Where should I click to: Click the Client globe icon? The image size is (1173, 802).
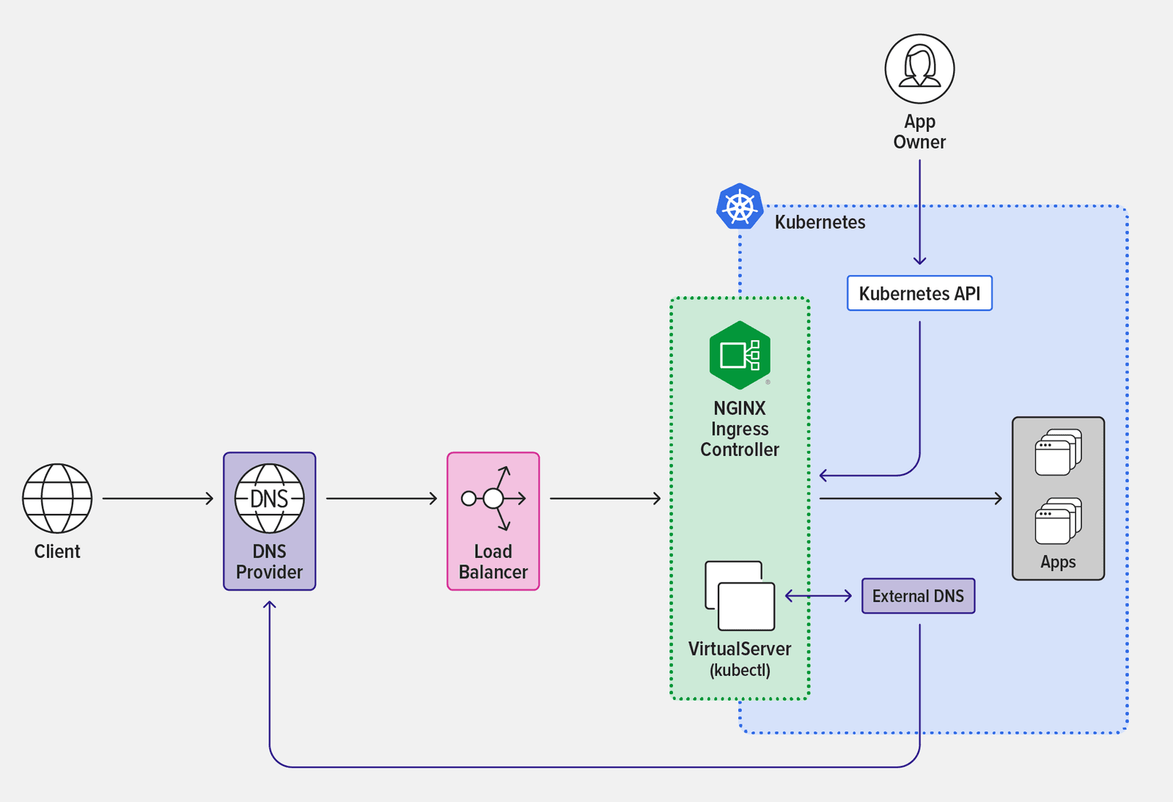tap(57, 499)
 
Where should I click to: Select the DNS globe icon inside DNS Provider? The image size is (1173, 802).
tap(269, 499)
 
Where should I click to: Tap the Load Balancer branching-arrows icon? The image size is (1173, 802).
tap(493, 499)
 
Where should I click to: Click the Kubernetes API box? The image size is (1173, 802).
tap(919, 293)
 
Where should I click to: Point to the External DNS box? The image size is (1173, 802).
tap(918, 596)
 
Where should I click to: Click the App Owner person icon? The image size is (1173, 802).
tap(919, 69)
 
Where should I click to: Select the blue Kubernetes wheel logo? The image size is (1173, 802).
tap(740, 207)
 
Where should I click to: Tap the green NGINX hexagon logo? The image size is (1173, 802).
tap(740, 356)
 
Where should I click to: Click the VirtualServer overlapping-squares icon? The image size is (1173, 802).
tap(740, 595)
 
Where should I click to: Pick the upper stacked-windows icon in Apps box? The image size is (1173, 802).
tap(1058, 452)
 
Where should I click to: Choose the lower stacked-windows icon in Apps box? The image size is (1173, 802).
tap(1058, 521)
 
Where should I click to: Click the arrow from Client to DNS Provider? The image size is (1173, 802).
tap(158, 499)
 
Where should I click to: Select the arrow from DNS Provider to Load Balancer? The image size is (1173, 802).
tap(381, 499)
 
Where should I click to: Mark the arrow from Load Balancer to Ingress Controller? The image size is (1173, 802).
tap(605, 499)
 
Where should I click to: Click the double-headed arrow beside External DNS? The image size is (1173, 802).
tap(818, 596)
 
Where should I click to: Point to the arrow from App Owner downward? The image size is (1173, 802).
tap(919, 213)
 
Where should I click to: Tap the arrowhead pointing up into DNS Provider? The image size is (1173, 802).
tap(270, 606)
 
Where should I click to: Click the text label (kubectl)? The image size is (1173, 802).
tap(740, 670)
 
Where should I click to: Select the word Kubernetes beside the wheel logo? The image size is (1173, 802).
tap(820, 222)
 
